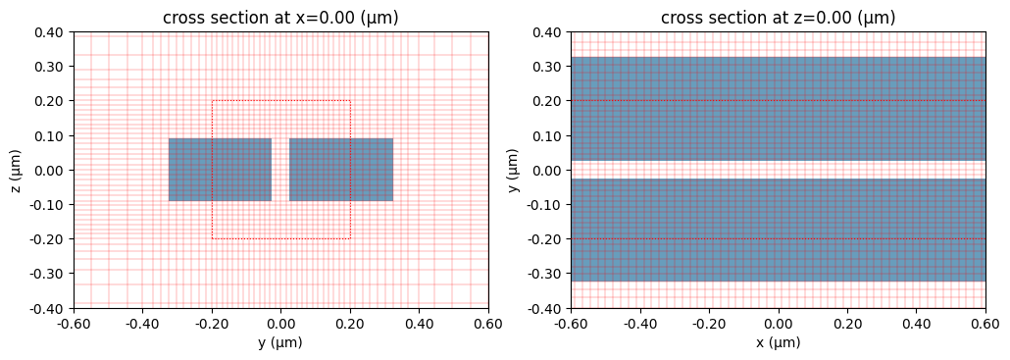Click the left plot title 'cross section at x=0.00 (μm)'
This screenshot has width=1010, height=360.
(x=280, y=18)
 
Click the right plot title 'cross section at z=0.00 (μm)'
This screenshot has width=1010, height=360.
(x=778, y=18)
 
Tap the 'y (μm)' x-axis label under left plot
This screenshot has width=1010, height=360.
(x=280, y=343)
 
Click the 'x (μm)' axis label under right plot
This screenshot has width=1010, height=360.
(x=778, y=343)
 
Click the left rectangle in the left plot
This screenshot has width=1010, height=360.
(x=220, y=170)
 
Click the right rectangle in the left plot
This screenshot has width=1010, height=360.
(x=341, y=170)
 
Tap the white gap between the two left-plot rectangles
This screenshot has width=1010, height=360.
(x=280, y=170)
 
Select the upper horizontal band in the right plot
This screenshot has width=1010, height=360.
(x=778, y=109)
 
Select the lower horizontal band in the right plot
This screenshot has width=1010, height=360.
(x=778, y=230)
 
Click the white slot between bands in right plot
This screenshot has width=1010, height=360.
(x=778, y=170)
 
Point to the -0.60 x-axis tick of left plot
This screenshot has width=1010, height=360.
(x=74, y=323)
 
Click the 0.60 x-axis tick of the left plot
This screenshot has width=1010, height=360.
(x=488, y=323)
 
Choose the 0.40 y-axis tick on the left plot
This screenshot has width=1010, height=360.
(x=49, y=32)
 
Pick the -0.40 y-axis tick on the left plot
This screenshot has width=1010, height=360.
(x=47, y=308)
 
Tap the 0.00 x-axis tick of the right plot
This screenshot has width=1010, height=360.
(x=778, y=323)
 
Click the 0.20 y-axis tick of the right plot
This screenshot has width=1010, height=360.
(x=547, y=101)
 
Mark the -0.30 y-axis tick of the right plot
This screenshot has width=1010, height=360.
(x=545, y=274)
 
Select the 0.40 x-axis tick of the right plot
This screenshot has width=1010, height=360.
(x=917, y=323)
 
